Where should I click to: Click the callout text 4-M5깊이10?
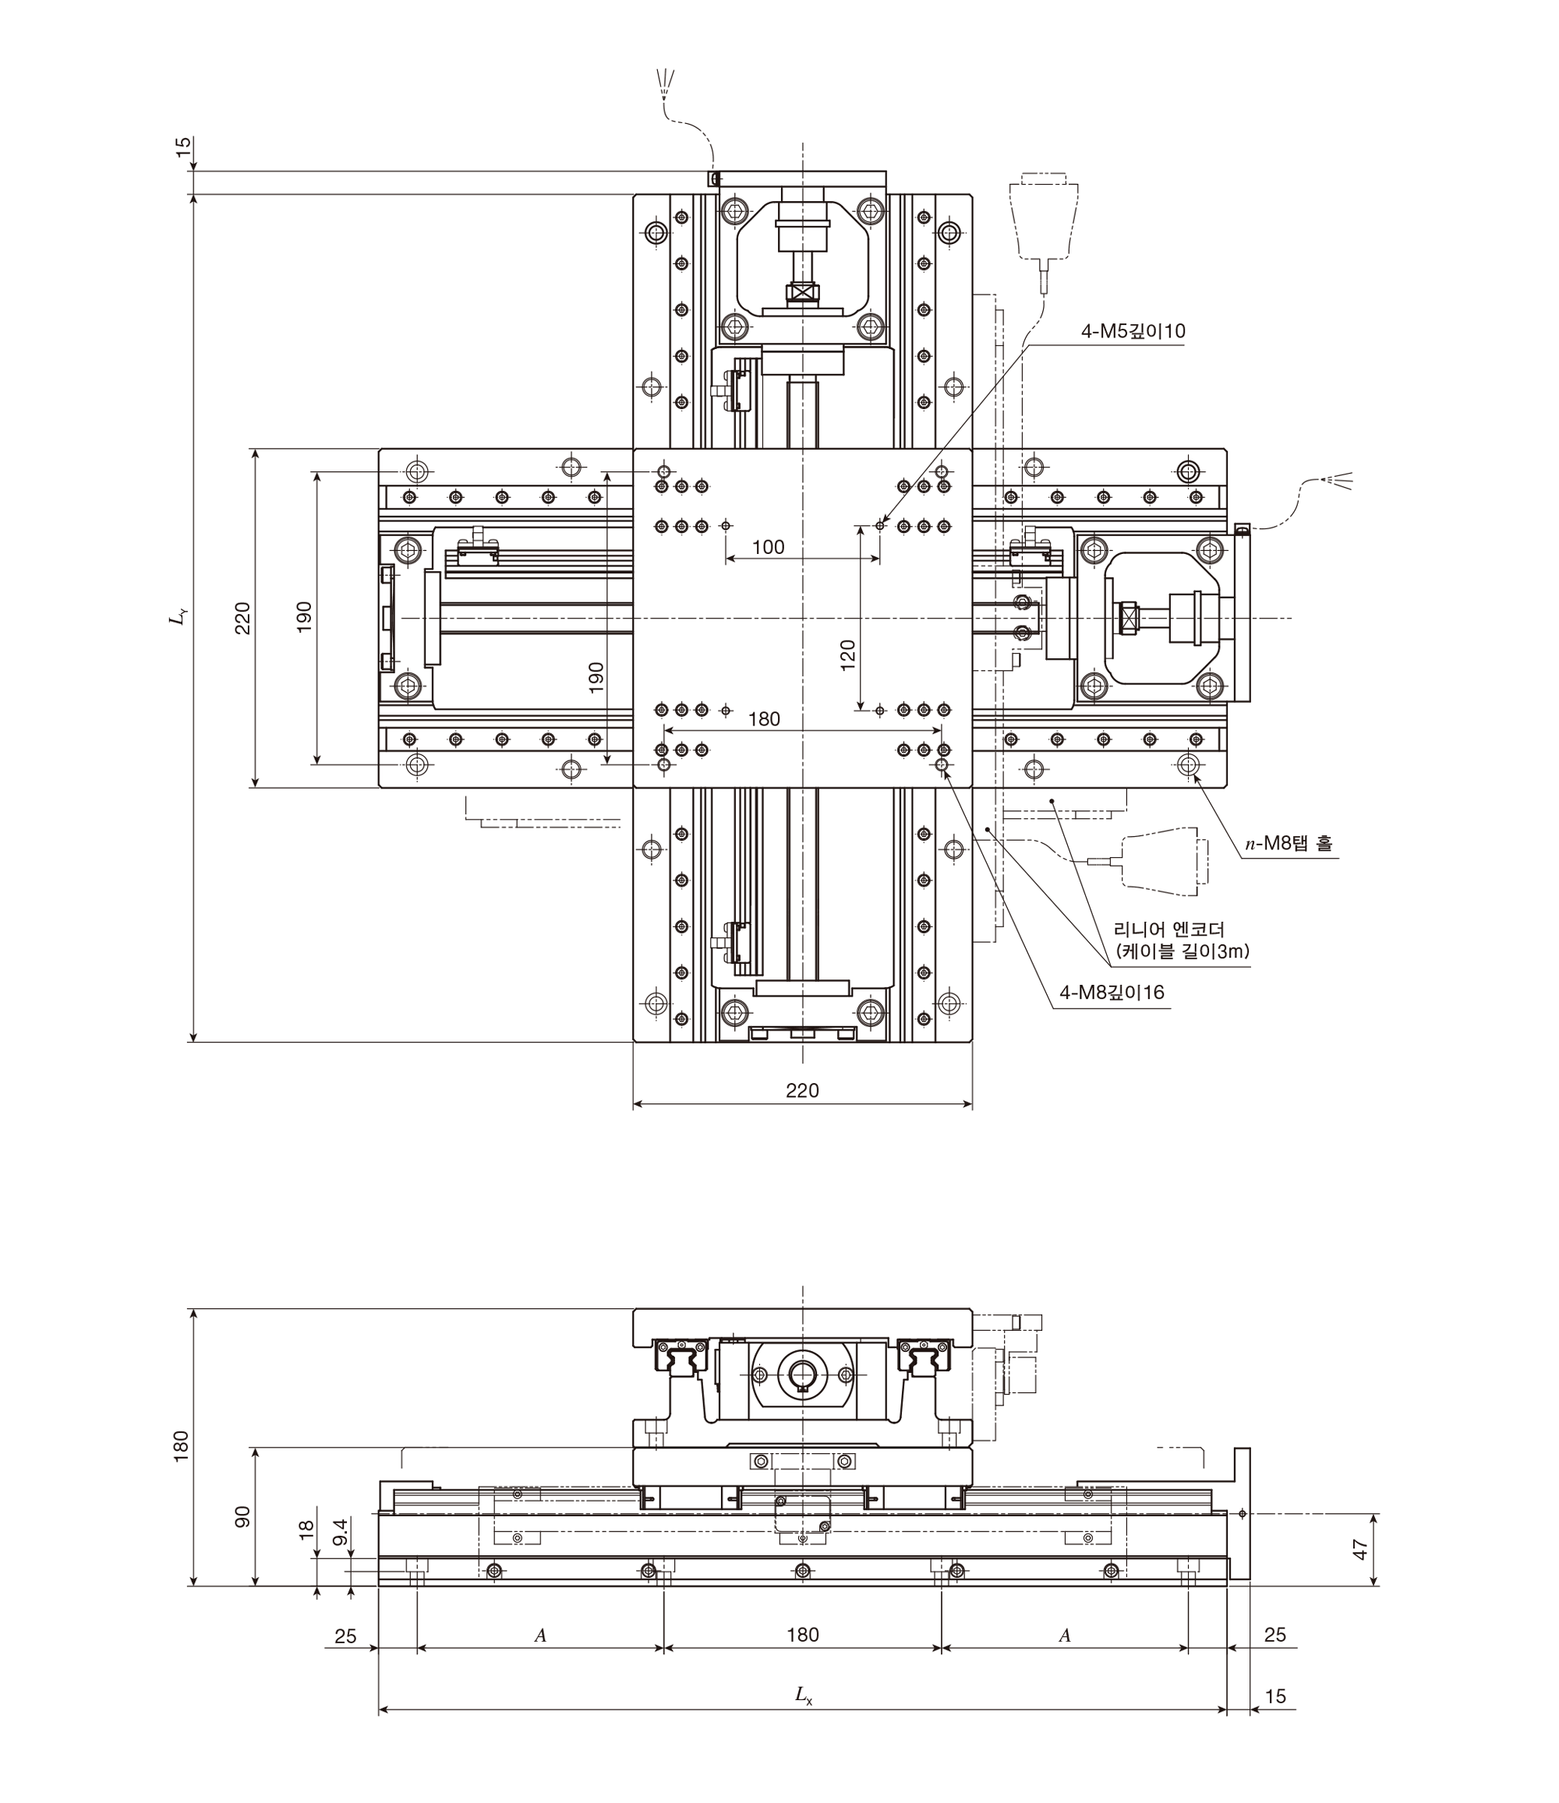coord(1133,331)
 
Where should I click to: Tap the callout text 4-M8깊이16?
coord(1112,993)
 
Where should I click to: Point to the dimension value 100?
coord(768,546)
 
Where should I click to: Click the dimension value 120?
coord(848,655)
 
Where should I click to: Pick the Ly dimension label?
coord(179,617)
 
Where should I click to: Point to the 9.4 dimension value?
coord(341,1532)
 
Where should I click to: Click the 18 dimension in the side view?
coord(306,1530)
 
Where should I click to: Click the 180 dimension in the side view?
coord(803,1634)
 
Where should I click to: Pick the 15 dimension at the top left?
coord(183,147)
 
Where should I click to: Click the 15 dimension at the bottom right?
coord(1274,1696)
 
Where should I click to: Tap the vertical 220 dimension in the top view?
coord(243,618)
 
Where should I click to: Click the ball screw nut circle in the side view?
coord(801,1373)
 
